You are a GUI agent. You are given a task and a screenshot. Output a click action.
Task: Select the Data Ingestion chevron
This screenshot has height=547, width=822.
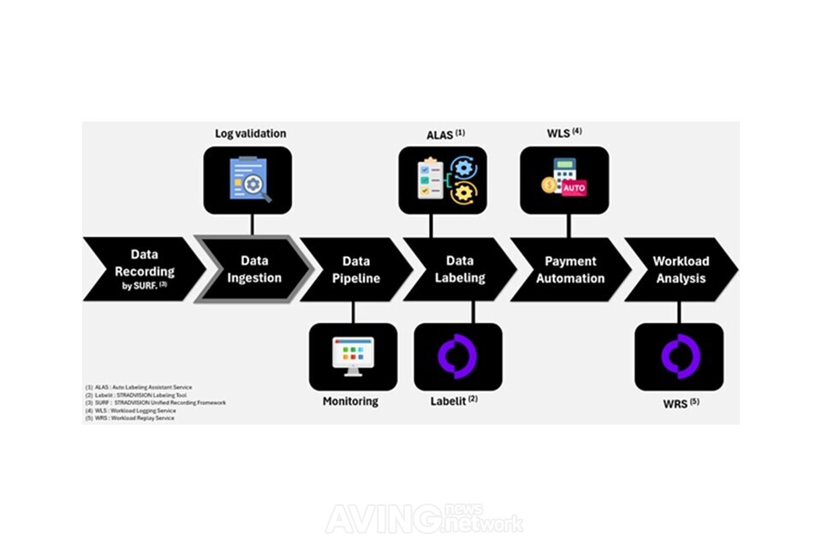coord(253,269)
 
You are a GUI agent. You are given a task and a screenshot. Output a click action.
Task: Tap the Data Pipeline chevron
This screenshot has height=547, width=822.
coord(356,269)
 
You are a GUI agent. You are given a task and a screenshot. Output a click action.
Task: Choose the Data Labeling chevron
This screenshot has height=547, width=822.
coord(460,269)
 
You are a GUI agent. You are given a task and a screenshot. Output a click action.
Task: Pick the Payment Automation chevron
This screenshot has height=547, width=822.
coord(570,269)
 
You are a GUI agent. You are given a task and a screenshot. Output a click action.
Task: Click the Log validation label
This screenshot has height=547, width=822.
coord(250,134)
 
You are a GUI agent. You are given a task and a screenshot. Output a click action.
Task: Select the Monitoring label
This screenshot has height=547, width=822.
coord(350,401)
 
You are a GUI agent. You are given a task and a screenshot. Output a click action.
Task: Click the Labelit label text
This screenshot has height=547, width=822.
coord(455,401)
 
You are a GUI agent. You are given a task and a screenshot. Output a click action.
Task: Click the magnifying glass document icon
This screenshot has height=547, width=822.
coord(248,181)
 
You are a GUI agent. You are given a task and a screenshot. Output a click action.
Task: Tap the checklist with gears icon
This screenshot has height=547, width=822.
coord(442,180)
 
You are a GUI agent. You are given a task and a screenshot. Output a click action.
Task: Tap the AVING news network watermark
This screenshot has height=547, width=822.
coord(425,518)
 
